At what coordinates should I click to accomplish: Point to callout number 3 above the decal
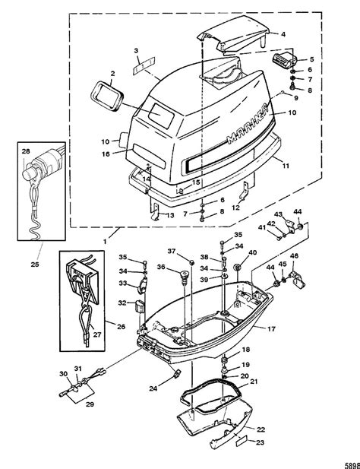(x=137, y=50)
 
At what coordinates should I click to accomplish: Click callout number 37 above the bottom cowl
(x=171, y=252)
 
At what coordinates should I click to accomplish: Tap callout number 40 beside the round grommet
(x=253, y=252)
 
